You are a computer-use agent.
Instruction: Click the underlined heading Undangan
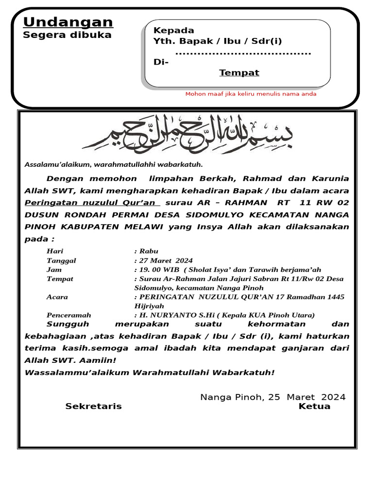pyautogui.click(x=68, y=22)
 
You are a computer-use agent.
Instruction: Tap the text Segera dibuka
pyautogui.click(x=68, y=35)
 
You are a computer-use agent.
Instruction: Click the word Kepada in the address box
pyautogui.click(x=174, y=30)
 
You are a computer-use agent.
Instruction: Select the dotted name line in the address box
pyautogui.click(x=243, y=53)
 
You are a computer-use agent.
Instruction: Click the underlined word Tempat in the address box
pyautogui.click(x=239, y=73)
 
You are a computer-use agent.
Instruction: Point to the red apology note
pyautogui.click(x=251, y=94)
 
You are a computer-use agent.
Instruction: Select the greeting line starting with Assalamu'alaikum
pyautogui.click(x=114, y=165)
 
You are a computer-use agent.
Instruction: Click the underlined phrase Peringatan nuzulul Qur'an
pyautogui.click(x=92, y=202)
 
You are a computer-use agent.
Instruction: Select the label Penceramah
pyautogui.click(x=68, y=315)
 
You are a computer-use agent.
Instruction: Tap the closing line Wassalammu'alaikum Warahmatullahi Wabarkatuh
pyautogui.click(x=149, y=373)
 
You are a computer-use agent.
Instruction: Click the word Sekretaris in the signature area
pyautogui.click(x=94, y=407)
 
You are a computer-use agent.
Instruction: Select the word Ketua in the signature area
pyautogui.click(x=315, y=407)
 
